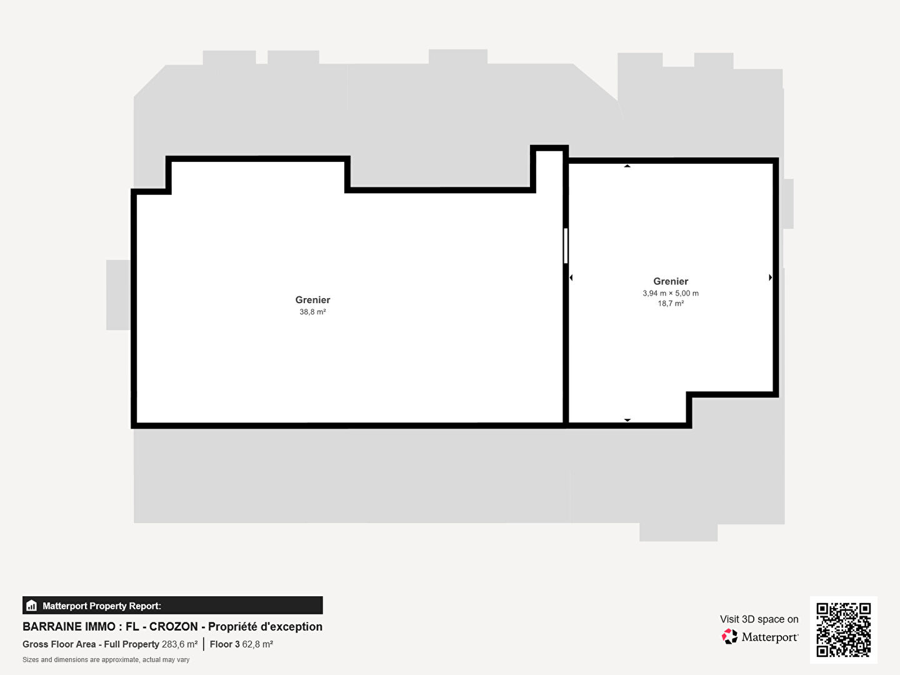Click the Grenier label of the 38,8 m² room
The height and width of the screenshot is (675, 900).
tap(312, 299)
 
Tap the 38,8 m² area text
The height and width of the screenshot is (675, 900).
tap(312, 312)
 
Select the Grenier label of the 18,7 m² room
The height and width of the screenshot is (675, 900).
tap(671, 281)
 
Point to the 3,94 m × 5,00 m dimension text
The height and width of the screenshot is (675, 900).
tap(671, 294)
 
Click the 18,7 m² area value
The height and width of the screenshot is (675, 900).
tap(671, 304)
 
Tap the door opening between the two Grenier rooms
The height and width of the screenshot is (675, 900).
tap(566, 246)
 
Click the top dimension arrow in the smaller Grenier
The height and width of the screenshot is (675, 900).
tap(627, 166)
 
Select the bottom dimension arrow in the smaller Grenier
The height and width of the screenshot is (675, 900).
tap(627, 420)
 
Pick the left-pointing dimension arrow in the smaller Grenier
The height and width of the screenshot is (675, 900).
tap(571, 278)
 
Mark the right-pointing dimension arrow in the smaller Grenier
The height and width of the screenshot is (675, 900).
tap(771, 277)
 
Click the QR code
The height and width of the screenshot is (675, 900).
tap(843, 630)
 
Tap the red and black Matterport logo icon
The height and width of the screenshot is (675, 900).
tap(729, 636)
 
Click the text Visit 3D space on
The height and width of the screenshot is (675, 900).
tap(759, 619)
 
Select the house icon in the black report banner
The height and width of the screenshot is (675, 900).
tap(32, 606)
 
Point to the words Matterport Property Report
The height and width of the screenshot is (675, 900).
tap(102, 606)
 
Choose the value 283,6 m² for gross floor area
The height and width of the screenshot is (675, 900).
tap(179, 644)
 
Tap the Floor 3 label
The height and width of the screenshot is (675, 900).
tap(225, 644)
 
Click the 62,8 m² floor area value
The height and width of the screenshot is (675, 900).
tap(257, 644)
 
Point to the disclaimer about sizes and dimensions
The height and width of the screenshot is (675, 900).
tap(106, 660)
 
